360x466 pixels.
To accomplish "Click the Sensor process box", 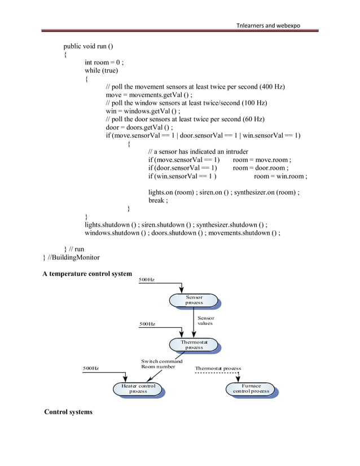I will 194,300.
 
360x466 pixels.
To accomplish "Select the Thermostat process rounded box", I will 194,345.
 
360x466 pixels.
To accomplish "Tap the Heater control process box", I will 138,389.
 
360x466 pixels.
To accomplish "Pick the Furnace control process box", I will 251,389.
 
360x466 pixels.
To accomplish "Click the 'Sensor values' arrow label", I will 206,320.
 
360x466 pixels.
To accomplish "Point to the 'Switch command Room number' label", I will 161,364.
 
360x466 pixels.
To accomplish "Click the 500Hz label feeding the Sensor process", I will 147,280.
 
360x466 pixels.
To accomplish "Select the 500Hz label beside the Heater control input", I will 91,368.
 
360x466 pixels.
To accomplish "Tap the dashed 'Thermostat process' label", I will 218,368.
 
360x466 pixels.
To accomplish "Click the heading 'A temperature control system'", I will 87,274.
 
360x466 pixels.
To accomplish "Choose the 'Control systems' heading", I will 68,412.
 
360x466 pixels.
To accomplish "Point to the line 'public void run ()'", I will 92,46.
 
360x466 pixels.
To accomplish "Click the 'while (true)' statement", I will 102,71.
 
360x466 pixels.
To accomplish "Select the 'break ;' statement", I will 158,200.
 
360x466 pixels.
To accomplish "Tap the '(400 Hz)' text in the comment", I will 272,87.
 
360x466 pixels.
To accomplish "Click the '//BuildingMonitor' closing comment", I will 74,257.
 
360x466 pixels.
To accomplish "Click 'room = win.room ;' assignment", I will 280,177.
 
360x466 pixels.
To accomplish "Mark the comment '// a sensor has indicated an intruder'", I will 201,152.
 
